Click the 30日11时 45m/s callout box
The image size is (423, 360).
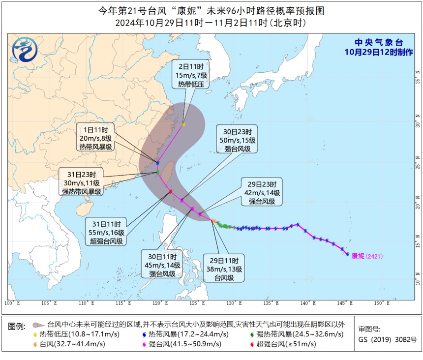click(x=164, y=265)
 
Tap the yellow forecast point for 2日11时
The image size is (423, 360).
click(x=183, y=124)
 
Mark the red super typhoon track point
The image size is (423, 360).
click(x=171, y=191)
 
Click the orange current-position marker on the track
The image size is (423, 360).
click(x=213, y=221)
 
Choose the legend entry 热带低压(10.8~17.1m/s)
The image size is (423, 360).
click(x=72, y=334)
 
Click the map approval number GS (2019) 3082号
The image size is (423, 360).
click(x=387, y=339)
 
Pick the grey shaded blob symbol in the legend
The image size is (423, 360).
click(x=39, y=325)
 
